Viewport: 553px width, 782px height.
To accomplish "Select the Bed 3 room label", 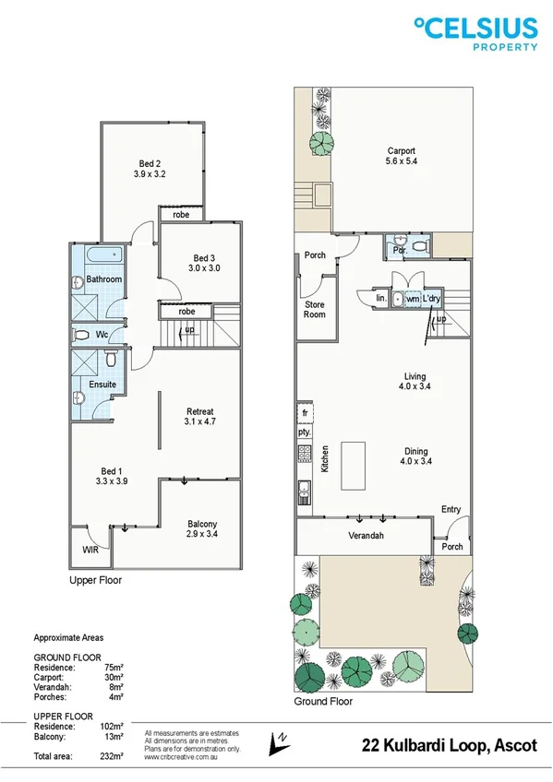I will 204,263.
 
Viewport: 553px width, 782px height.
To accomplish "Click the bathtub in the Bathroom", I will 96,255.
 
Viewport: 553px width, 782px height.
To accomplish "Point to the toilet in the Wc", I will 82,335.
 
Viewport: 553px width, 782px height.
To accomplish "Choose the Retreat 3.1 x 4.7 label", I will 200,418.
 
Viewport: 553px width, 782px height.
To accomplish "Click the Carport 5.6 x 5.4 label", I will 401,157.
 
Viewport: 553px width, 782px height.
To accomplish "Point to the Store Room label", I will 315,309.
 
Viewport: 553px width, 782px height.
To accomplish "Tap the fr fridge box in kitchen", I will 302,412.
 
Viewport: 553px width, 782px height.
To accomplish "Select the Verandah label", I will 366,536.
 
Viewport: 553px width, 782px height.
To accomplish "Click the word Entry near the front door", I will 451,509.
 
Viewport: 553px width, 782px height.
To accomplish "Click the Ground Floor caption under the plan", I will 324,702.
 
